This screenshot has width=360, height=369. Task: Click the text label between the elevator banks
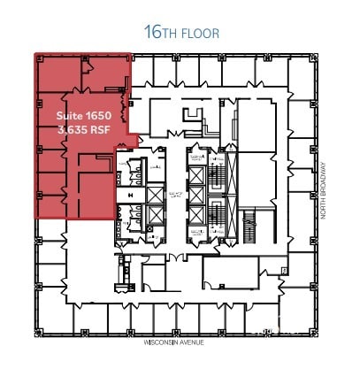pyautogui.click(x=175, y=196)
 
